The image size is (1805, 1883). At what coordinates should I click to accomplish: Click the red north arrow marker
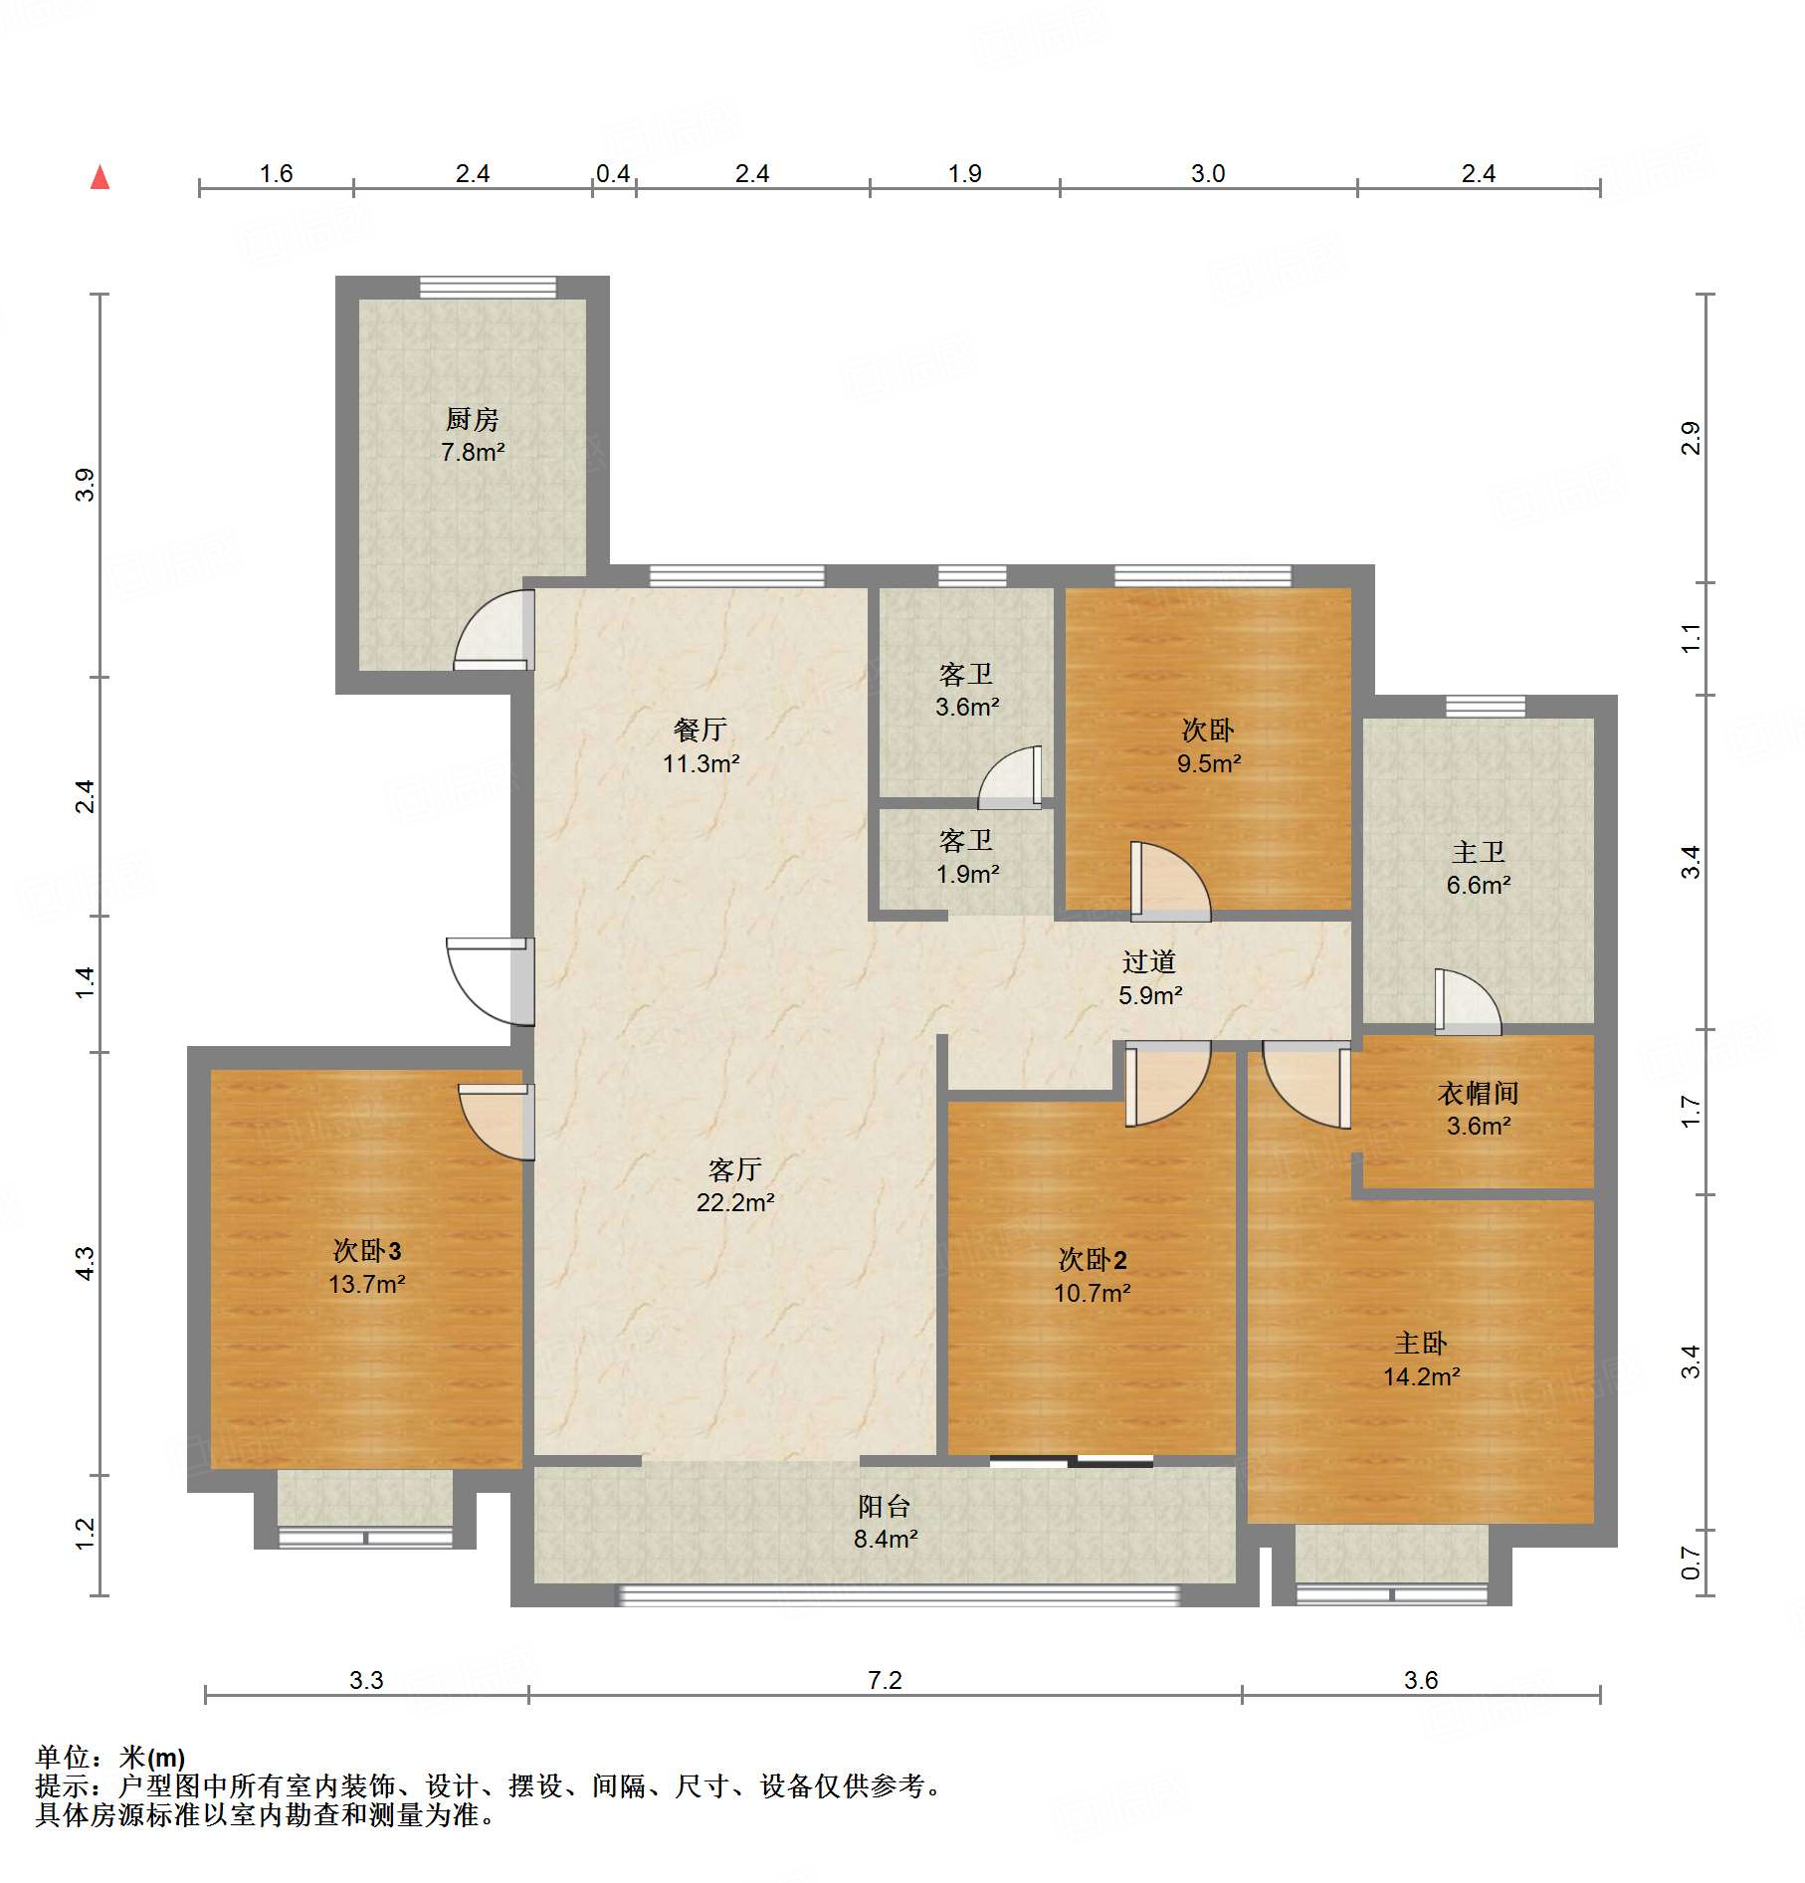tap(100, 177)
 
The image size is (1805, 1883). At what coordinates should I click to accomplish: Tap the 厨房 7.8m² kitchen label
tap(473, 435)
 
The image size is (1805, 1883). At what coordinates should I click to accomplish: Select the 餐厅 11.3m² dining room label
tap(701, 746)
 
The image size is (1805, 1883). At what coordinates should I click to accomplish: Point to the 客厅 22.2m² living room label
tap(735, 1185)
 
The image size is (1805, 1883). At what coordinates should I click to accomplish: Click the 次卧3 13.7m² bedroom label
tap(366, 1267)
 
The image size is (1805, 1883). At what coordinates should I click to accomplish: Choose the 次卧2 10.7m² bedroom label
tap(1093, 1276)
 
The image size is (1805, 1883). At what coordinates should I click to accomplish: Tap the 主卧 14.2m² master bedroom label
tap(1421, 1360)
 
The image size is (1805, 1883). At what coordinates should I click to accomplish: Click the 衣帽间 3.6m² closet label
tap(1479, 1110)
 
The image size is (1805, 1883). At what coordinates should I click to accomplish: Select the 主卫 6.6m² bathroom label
tap(1479, 868)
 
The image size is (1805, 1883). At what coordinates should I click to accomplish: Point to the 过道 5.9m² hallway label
tap(1150, 978)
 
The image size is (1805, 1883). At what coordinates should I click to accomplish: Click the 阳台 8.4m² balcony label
tap(885, 1523)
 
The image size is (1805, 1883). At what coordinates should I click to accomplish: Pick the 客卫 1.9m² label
tap(967, 857)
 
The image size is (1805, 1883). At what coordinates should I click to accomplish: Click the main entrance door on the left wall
tap(491, 981)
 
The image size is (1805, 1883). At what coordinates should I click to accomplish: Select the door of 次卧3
tap(497, 1122)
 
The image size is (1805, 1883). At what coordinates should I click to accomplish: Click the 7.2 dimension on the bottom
tap(885, 1681)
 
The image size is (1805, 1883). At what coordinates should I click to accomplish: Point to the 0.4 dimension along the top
tap(613, 174)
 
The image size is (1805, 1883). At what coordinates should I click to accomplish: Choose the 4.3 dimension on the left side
tap(86, 1263)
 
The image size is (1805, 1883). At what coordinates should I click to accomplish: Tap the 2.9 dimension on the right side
tap(1691, 438)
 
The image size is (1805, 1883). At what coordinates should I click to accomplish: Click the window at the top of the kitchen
tap(488, 288)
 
